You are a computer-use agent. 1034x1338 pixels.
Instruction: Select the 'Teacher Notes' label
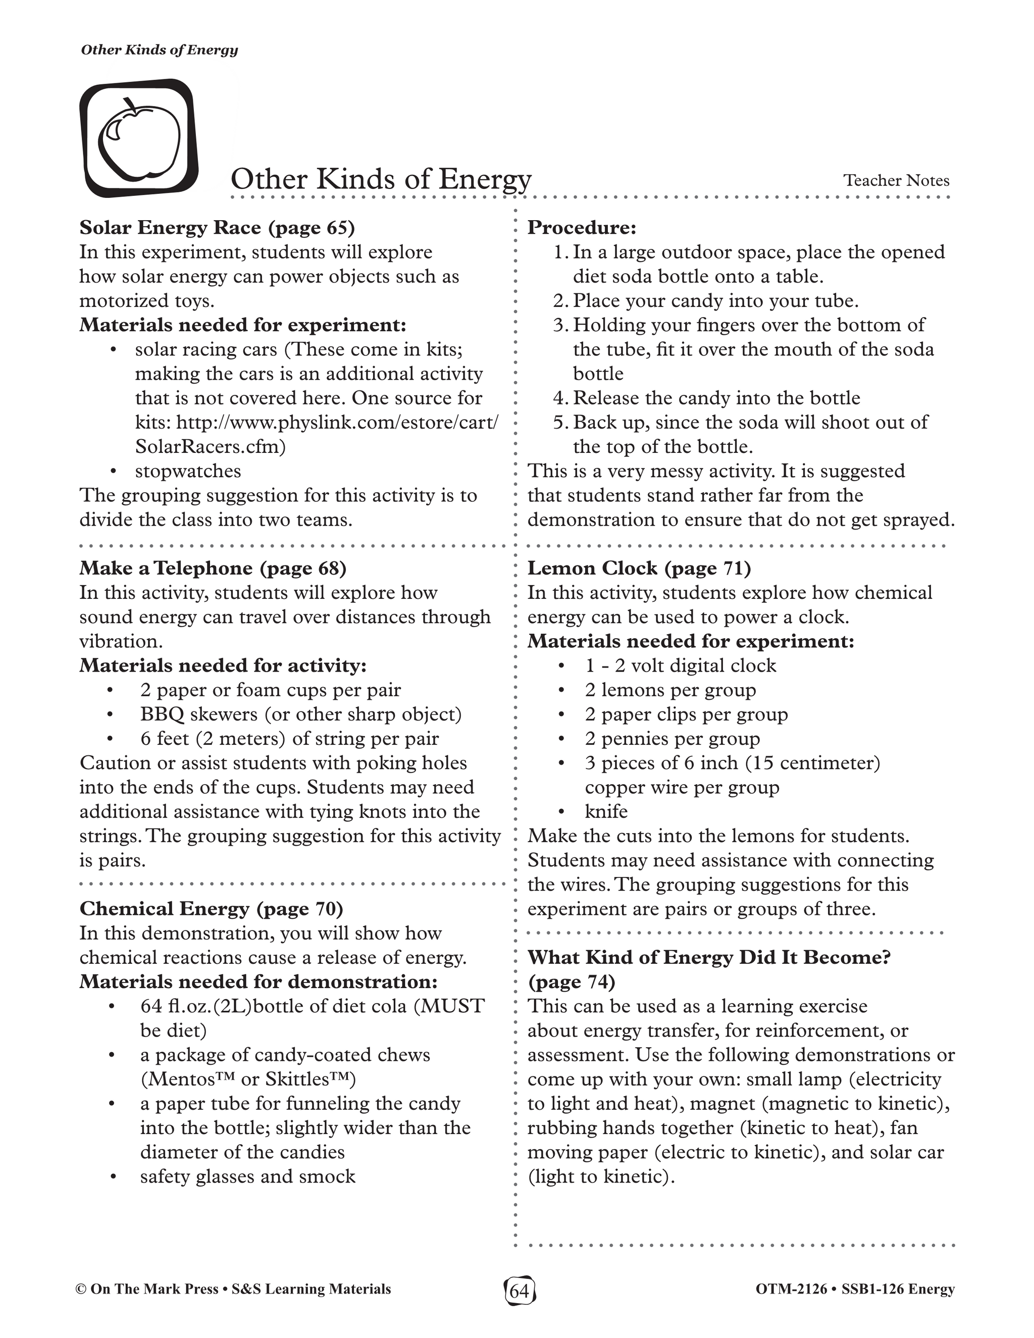896,181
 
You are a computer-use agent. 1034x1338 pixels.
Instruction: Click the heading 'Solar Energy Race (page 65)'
217,228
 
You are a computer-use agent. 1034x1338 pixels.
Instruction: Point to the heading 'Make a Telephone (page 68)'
213,569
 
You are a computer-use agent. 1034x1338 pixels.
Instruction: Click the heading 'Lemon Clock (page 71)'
639,569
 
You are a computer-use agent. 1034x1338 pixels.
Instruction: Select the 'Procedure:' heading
582,228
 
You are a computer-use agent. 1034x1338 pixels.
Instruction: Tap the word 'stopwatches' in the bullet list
188,471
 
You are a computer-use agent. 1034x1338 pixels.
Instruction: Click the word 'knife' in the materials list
606,812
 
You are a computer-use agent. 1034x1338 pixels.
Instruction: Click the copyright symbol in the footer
80,1289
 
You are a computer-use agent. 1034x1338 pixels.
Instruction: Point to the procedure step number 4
559,398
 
